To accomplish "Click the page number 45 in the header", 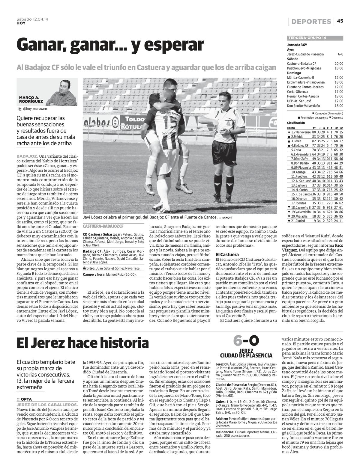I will click(340, 21).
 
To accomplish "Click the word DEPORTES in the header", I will click(311, 22).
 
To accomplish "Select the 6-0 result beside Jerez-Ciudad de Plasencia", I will click(340, 54).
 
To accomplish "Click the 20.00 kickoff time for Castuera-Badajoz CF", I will click(339, 64).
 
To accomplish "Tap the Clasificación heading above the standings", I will click(296, 123).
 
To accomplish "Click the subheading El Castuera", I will click(227, 254).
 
